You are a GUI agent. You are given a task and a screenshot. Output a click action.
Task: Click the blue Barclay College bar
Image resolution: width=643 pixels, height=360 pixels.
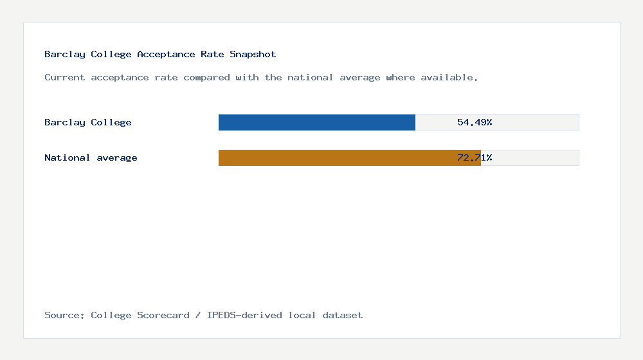click(316, 122)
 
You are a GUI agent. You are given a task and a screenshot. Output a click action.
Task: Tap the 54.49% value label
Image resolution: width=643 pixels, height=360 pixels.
click(475, 122)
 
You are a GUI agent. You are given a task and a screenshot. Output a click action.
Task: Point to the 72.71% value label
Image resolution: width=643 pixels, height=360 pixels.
click(475, 158)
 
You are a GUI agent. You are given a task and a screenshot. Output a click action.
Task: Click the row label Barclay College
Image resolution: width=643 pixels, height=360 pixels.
click(88, 122)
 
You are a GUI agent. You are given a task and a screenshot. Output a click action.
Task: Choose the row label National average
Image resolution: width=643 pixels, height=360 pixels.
click(91, 158)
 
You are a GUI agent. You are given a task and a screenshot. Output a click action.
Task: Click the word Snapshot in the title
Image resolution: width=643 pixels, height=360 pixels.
click(253, 55)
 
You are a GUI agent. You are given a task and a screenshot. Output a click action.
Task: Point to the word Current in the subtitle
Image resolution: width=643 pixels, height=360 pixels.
click(65, 78)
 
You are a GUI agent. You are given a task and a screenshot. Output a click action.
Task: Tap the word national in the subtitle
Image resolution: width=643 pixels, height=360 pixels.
click(311, 78)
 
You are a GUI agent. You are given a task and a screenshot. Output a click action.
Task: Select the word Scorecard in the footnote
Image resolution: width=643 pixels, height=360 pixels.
click(163, 316)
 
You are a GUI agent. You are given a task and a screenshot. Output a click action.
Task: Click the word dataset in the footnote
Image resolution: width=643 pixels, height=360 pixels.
click(343, 316)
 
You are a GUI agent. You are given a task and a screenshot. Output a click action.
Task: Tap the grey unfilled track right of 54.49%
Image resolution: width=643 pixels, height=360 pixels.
click(537, 122)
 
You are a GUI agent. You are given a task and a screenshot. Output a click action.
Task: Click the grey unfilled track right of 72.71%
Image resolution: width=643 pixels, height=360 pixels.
click(537, 158)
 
